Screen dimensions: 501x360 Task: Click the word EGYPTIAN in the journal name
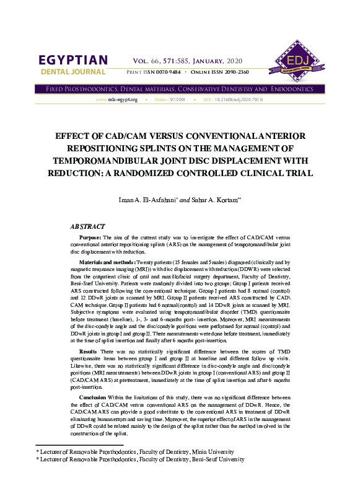(73, 61)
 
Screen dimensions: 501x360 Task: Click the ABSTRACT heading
(87, 227)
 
